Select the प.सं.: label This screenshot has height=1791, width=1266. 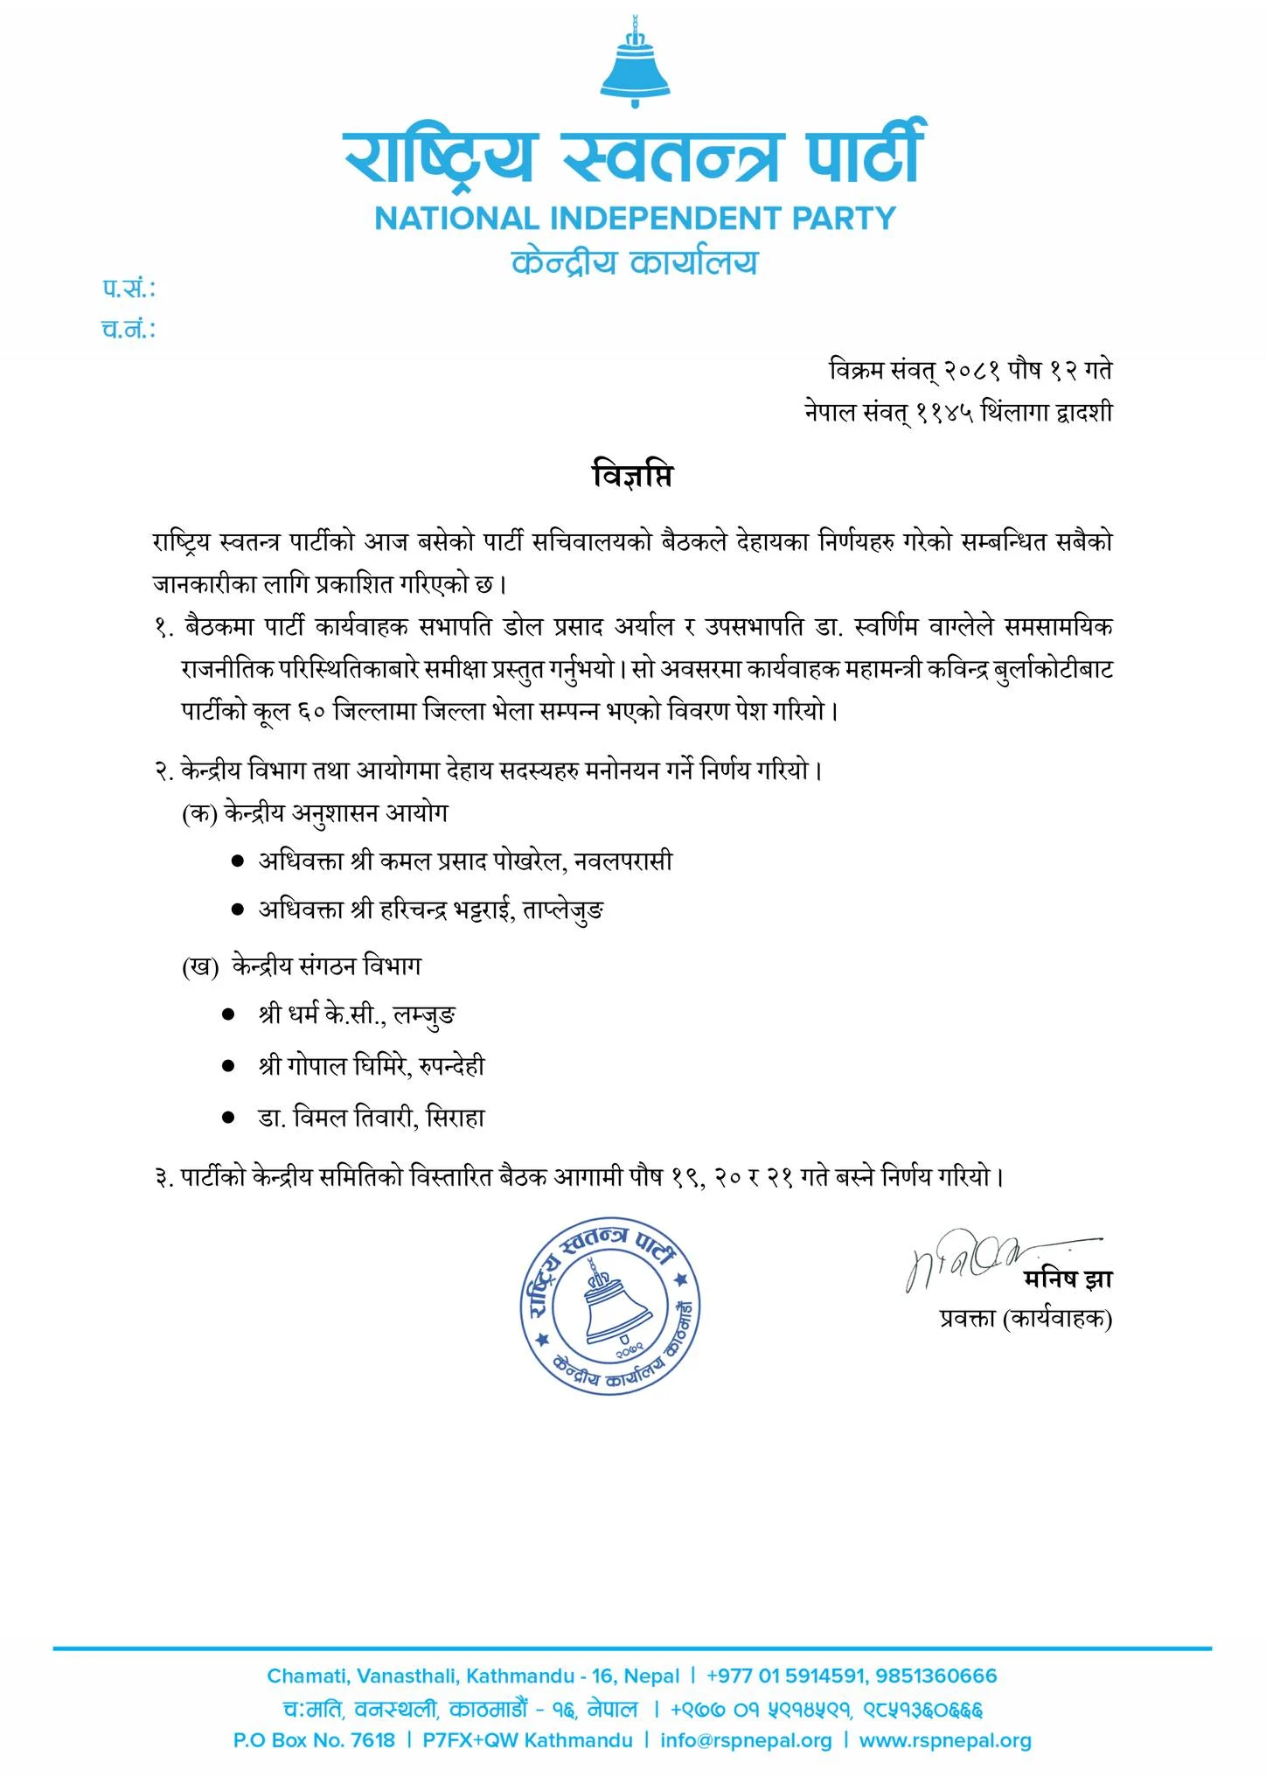(129, 289)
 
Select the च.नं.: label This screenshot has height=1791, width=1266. (129, 330)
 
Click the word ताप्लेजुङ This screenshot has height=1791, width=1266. (563, 910)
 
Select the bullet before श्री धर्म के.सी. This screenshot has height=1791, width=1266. (229, 1015)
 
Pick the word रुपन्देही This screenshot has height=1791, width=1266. (451, 1066)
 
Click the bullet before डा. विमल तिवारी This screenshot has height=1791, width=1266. (229, 1117)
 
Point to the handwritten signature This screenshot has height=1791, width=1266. (970, 1262)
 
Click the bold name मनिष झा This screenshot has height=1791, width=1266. (1068, 1279)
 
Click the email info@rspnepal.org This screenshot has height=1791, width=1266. (746, 1740)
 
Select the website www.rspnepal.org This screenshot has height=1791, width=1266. (945, 1740)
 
